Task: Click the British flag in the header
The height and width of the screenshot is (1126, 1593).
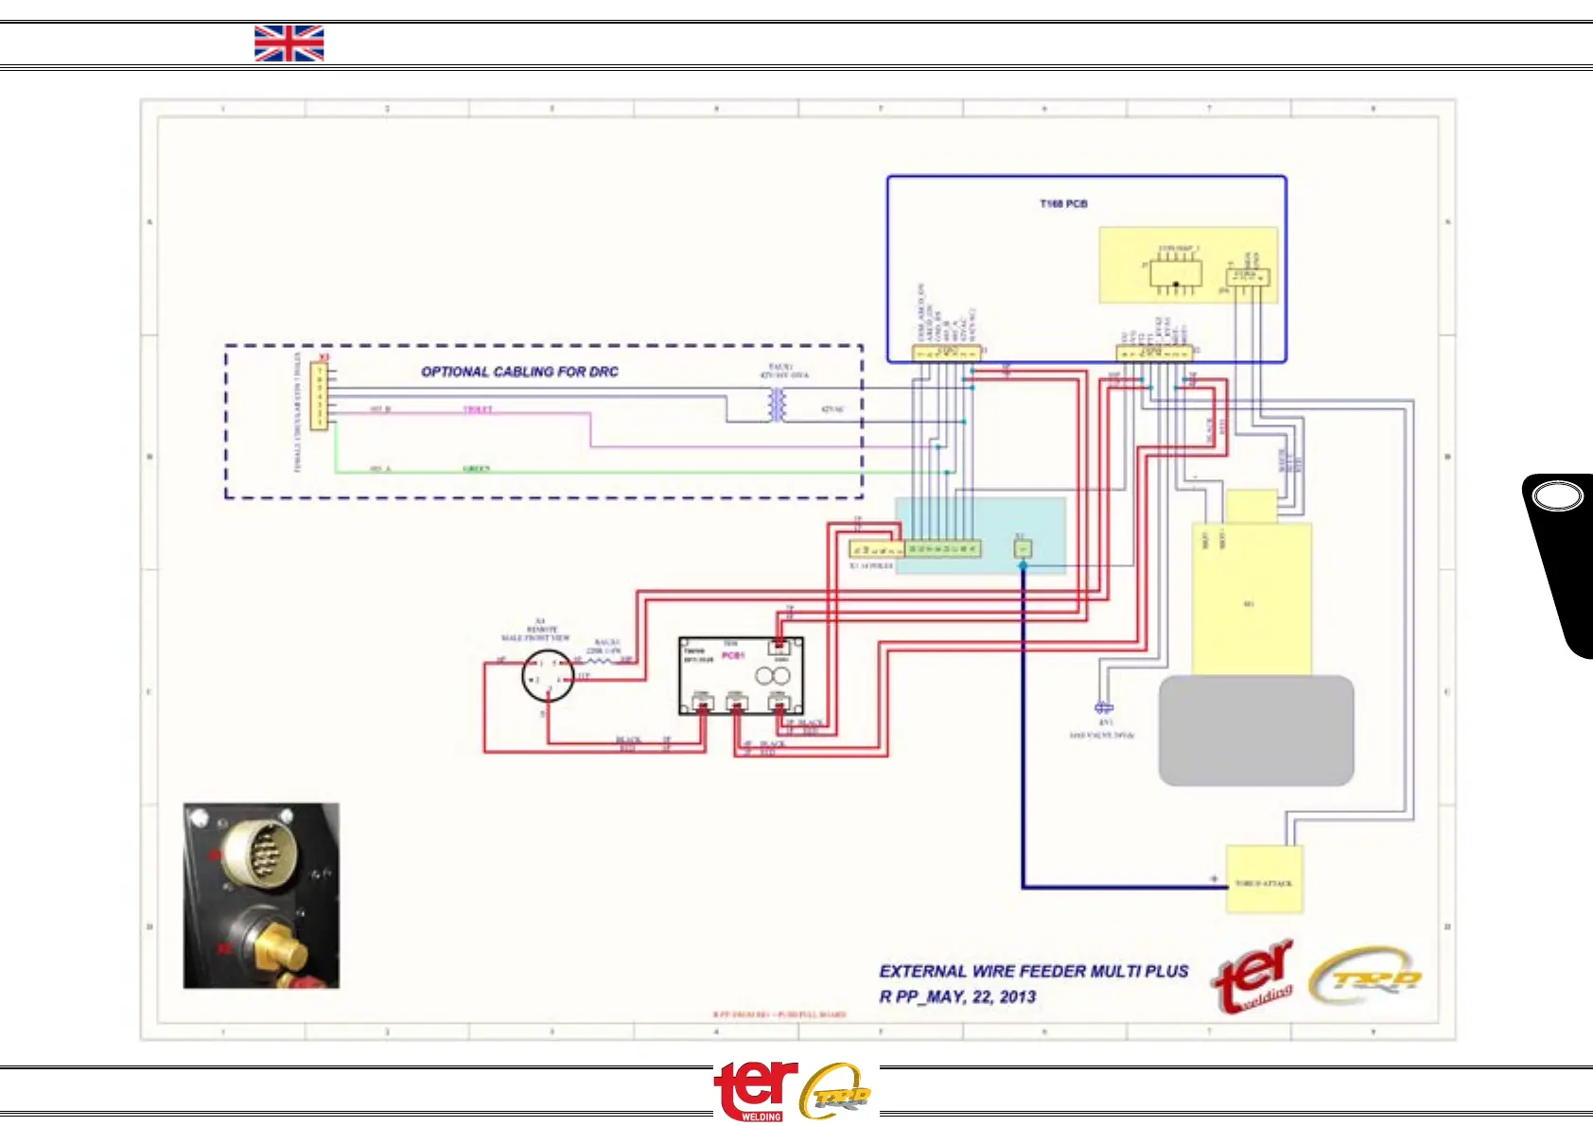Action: point(289,43)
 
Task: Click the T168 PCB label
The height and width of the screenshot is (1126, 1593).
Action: point(1063,204)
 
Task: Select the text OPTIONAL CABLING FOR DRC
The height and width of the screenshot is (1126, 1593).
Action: point(519,372)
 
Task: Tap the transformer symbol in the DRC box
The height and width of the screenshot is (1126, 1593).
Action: point(778,404)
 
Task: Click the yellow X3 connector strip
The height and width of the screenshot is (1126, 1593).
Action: point(319,397)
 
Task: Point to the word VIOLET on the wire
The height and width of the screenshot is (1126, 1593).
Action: point(478,409)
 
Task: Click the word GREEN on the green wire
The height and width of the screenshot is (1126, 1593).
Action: point(476,469)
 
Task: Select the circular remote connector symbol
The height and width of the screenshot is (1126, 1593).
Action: point(548,676)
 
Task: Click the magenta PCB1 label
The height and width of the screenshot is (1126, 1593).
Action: point(733,654)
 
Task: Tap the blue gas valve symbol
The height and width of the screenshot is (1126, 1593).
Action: point(1103,707)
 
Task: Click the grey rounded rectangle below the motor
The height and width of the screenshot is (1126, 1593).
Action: point(1256,730)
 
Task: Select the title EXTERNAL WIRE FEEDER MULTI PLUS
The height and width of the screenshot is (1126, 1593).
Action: point(1033,971)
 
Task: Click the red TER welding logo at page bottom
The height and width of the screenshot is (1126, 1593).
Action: point(756,1090)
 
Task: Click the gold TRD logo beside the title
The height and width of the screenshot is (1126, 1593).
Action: point(1366,978)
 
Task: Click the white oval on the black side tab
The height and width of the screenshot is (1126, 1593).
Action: point(1557,497)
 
